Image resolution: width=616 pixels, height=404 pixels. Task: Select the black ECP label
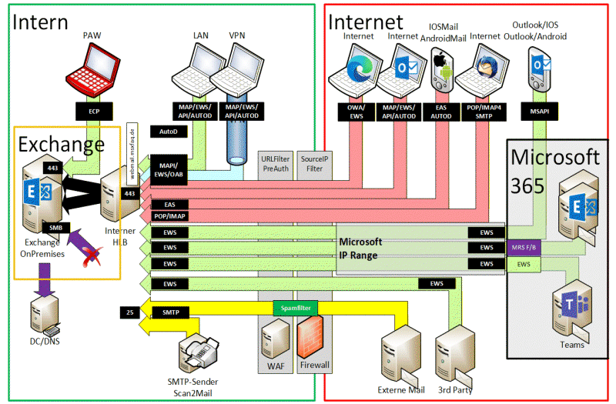point(94,111)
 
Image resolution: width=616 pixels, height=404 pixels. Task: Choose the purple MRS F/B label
point(524,248)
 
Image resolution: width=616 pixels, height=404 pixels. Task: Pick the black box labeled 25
point(129,312)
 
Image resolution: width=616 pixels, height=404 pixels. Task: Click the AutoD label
point(169,132)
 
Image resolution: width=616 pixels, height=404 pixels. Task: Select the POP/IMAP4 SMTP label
point(483,111)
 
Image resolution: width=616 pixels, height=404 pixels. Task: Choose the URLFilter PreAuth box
point(276,162)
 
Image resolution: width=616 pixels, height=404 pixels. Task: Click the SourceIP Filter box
point(313,162)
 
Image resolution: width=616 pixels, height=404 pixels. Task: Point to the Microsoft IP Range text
point(361,249)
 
